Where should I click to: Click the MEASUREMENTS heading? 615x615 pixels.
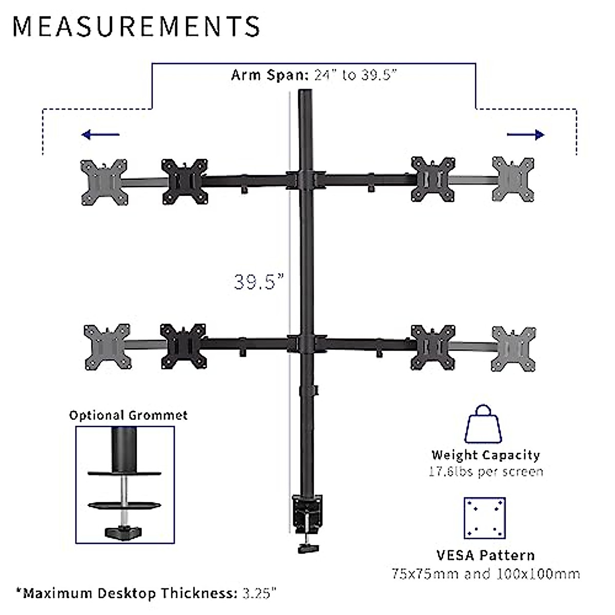(x=136, y=27)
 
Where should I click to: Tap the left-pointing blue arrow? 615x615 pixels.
(x=100, y=135)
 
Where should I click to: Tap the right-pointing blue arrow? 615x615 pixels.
(x=526, y=135)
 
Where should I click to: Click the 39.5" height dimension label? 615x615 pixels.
(x=259, y=281)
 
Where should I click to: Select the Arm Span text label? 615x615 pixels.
(x=314, y=75)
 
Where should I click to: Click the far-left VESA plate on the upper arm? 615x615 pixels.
(x=104, y=182)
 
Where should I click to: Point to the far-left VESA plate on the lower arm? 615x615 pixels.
(x=107, y=346)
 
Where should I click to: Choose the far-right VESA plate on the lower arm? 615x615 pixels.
(x=514, y=347)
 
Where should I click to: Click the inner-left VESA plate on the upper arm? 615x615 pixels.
(x=184, y=181)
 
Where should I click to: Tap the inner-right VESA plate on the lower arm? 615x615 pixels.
(x=434, y=347)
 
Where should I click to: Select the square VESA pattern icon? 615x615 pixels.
(x=484, y=518)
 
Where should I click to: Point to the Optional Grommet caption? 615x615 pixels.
(x=128, y=415)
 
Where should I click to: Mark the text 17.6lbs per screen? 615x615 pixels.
(x=485, y=471)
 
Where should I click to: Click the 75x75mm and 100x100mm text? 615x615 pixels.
(x=485, y=573)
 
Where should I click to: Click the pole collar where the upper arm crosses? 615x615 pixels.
(x=306, y=180)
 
